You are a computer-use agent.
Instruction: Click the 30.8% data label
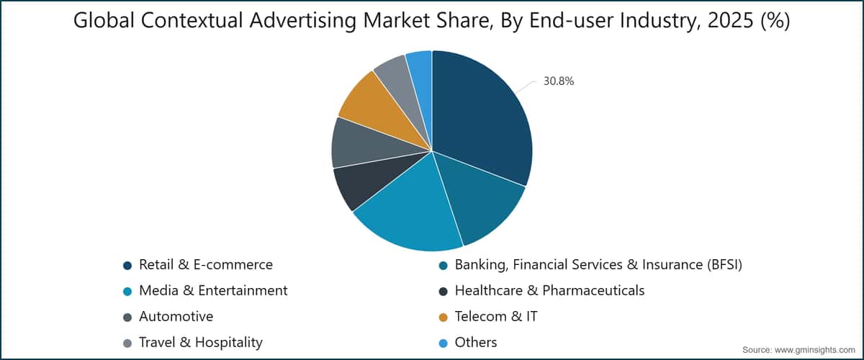559,81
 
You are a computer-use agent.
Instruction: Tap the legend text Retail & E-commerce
206,265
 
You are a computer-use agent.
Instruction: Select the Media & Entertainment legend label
213,291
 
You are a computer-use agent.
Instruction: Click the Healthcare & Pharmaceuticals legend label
549,291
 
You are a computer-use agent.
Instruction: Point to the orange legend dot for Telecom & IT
444,318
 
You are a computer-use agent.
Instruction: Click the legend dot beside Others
444,343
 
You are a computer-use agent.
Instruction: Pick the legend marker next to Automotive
127,318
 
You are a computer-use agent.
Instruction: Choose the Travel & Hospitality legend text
201,342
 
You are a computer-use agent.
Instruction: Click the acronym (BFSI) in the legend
724,265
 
